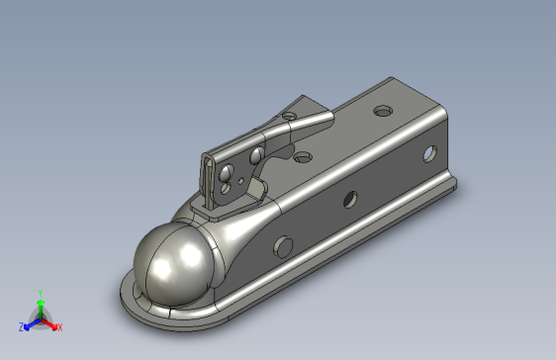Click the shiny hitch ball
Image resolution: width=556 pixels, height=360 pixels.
(x=174, y=264)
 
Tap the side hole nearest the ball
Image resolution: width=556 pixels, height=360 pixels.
(x=283, y=246)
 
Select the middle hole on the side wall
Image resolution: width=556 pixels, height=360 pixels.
(x=350, y=199)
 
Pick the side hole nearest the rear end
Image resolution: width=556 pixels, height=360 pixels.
(x=430, y=153)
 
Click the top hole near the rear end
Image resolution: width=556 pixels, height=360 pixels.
(x=383, y=111)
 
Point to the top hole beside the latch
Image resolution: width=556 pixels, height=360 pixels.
(x=303, y=157)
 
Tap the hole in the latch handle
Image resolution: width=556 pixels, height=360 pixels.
(x=289, y=116)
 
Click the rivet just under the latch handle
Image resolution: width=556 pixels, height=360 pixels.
(x=256, y=155)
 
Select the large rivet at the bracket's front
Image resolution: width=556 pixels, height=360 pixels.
(x=226, y=172)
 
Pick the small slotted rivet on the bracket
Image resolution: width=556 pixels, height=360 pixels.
(x=225, y=188)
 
